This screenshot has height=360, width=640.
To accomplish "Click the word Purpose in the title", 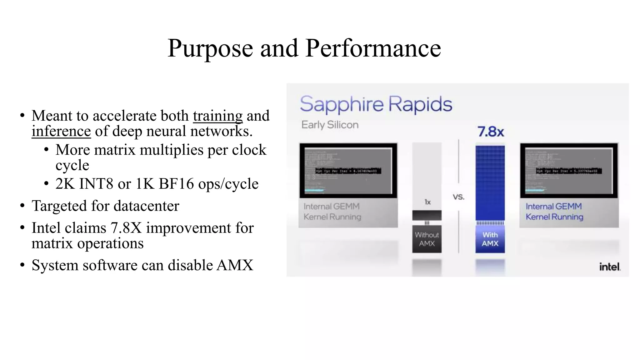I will (x=210, y=48).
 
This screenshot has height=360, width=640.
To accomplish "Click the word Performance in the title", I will (x=373, y=48).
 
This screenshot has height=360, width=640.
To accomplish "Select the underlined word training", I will (x=217, y=116).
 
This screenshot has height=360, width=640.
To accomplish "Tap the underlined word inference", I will (x=61, y=131).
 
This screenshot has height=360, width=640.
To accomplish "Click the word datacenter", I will (x=146, y=206).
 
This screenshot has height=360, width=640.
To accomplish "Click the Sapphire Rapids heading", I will (x=376, y=104).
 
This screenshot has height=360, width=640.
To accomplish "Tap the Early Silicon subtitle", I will (x=330, y=125).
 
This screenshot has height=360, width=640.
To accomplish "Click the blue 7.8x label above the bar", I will (x=491, y=132).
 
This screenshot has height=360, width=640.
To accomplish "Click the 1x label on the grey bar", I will (x=427, y=202).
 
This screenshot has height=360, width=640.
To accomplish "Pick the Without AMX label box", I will (x=427, y=239).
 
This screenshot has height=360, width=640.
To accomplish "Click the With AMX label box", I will (x=490, y=239).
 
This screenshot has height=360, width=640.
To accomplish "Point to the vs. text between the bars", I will (x=458, y=197).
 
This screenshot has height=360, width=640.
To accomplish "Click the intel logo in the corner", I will (x=609, y=267).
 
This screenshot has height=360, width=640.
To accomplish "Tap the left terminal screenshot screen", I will (x=348, y=171).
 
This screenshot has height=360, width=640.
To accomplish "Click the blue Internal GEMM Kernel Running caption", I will (x=554, y=212).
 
